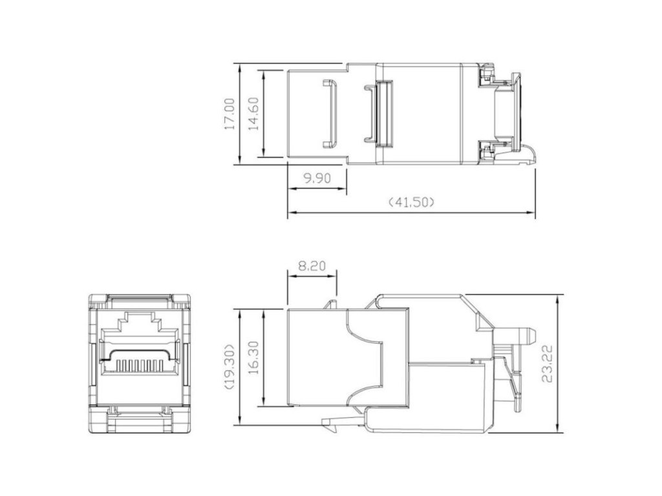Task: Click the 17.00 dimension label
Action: (x=230, y=114)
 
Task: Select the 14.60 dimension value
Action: (x=253, y=114)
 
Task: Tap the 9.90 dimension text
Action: (x=317, y=178)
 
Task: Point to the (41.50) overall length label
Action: (x=411, y=202)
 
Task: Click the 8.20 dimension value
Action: (x=312, y=266)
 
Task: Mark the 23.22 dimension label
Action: (x=547, y=364)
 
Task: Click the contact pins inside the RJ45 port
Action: (x=140, y=364)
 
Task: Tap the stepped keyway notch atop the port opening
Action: (x=140, y=321)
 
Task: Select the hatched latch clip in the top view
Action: (x=384, y=114)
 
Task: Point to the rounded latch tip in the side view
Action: (x=531, y=336)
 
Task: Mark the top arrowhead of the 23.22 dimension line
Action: (x=558, y=300)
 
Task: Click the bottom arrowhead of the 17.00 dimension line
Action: (x=239, y=160)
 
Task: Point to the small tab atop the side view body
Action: (x=332, y=304)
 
